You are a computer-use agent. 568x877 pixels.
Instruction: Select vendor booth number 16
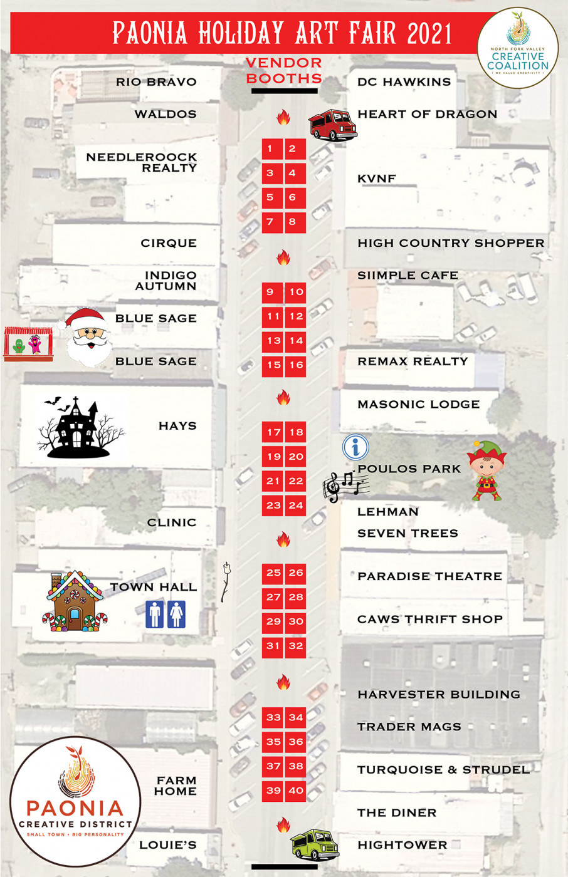(296, 365)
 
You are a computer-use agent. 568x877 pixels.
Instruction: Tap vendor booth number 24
(296, 506)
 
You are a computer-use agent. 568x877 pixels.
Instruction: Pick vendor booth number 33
(273, 718)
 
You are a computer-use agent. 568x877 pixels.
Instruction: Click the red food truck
(332, 124)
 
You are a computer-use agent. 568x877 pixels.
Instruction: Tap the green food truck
(315, 844)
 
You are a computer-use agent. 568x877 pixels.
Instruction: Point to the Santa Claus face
(88, 337)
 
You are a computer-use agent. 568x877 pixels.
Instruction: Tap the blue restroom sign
(166, 615)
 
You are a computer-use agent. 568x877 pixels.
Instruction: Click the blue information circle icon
(355, 447)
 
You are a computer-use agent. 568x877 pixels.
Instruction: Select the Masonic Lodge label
(418, 405)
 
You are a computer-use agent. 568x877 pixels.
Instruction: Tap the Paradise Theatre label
(429, 576)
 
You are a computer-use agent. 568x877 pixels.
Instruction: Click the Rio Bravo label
(156, 82)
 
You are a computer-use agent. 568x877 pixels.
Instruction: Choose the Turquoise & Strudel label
(443, 770)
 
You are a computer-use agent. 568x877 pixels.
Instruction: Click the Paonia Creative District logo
(75, 801)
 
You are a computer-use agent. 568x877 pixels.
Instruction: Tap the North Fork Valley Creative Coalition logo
(517, 49)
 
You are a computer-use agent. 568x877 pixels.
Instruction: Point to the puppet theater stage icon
(28, 344)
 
